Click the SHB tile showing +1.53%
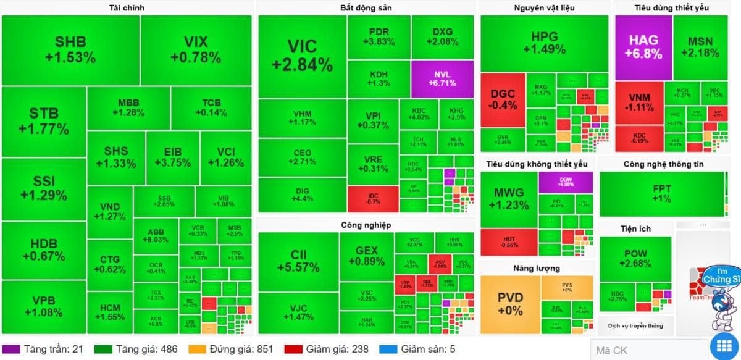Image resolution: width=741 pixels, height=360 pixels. pos(70,50)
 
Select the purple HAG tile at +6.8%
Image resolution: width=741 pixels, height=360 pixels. pos(643,46)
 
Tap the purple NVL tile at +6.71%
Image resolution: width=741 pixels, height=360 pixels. pos(442,78)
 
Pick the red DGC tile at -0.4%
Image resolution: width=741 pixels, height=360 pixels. pos(503,99)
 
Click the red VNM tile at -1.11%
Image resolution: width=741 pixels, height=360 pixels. pos(639,103)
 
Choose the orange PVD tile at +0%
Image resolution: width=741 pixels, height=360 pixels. pos(510,304)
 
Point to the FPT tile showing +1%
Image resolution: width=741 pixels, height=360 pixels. pos(661,193)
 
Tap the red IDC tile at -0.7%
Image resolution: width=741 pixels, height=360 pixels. pos(373,199)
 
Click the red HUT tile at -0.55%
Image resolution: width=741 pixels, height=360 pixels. pos(509,242)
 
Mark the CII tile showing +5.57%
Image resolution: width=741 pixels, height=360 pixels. pos(298,261)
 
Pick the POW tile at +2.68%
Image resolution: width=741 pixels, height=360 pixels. pos(635,259)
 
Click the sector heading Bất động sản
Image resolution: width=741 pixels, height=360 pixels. pos(366,7)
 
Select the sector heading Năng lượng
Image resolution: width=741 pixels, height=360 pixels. pos(536,268)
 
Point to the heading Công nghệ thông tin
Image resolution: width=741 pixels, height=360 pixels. pos(663,164)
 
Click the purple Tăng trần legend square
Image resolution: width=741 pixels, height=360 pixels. pos(12,349)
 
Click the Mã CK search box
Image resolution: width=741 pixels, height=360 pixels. pos(648,350)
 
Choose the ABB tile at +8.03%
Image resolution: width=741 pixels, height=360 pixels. pos(156,236)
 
